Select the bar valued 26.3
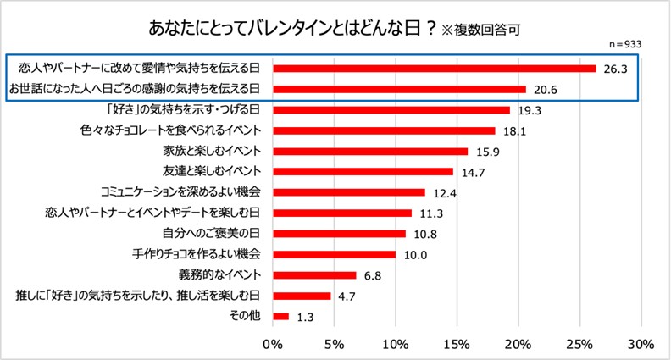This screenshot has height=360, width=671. [x=435, y=69]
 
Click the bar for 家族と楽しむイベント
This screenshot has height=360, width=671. [x=370, y=152]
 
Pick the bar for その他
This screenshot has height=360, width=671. [x=280, y=317]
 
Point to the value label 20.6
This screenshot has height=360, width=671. [x=544, y=90]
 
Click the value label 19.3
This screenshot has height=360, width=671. [x=529, y=110]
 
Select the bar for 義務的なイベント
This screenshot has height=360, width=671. [x=314, y=275]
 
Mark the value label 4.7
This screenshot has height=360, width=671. [x=347, y=296]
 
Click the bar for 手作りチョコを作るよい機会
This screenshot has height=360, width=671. [x=334, y=254]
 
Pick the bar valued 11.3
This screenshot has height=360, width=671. [x=342, y=213]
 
